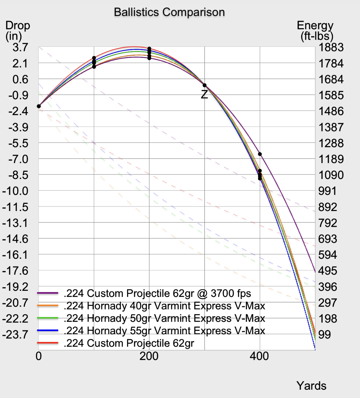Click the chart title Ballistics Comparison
point(169,12)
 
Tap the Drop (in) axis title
point(18,30)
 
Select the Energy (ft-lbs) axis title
point(316,30)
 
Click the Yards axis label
point(311,386)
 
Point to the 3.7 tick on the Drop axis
point(20,47)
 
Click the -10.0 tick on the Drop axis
point(15,191)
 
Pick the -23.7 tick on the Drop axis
point(15,335)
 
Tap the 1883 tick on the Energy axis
point(331,47)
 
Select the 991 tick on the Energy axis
point(327,191)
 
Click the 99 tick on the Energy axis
point(324,335)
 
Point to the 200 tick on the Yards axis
point(149,356)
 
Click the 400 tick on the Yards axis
point(259,356)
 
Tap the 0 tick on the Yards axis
point(38,356)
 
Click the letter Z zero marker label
point(204,94)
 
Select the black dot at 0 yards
point(39,106)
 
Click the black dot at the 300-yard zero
point(205,85)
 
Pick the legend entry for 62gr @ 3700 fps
point(157,294)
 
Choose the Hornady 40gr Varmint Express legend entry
point(164,306)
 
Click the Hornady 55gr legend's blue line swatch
point(48,331)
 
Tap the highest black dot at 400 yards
point(260,154)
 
